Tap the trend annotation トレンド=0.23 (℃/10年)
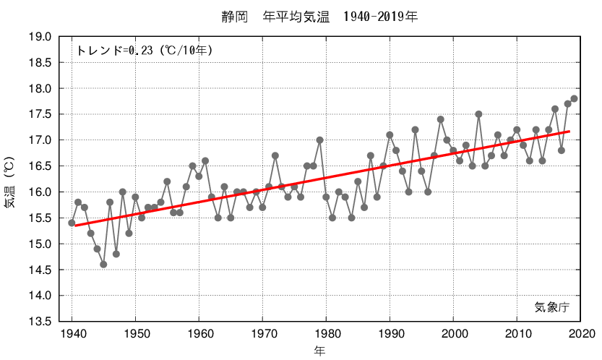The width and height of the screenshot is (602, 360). click(x=144, y=51)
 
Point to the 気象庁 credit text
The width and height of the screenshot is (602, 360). click(x=552, y=307)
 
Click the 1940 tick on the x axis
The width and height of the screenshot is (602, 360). click(x=72, y=333)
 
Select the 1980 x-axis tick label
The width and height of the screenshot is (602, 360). click(x=326, y=333)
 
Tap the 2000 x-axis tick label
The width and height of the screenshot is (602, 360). click(x=453, y=333)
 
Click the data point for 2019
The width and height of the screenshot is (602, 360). click(x=574, y=98)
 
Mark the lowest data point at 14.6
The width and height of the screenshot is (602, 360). click(x=103, y=264)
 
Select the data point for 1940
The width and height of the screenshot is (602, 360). click(x=72, y=223)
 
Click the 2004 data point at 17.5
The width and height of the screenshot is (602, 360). click(x=478, y=114)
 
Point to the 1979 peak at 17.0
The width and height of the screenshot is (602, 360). click(x=319, y=140)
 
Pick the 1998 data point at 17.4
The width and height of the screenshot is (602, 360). click(x=440, y=119)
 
